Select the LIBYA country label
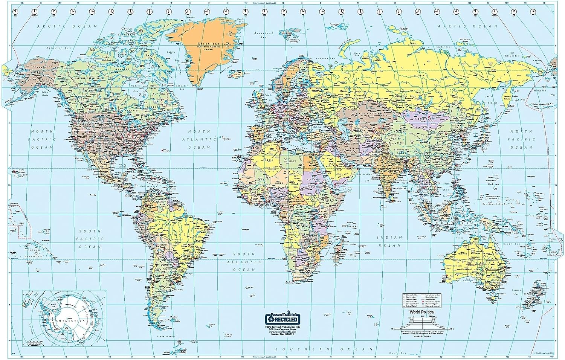[x=292, y=161]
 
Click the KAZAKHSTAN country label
[x=374, y=113]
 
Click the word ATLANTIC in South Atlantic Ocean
[x=244, y=262]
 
